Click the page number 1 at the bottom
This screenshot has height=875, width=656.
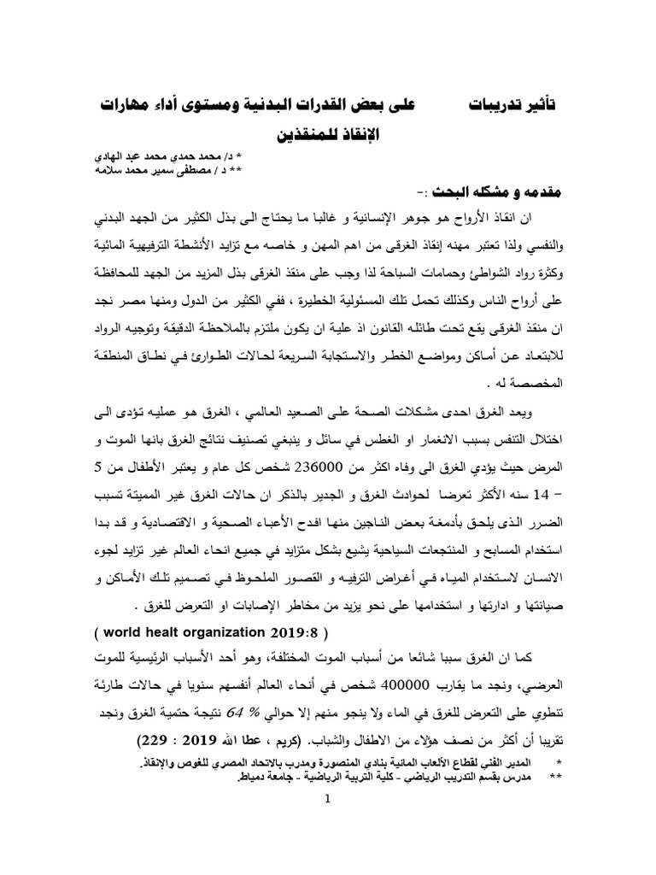(x=327, y=802)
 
